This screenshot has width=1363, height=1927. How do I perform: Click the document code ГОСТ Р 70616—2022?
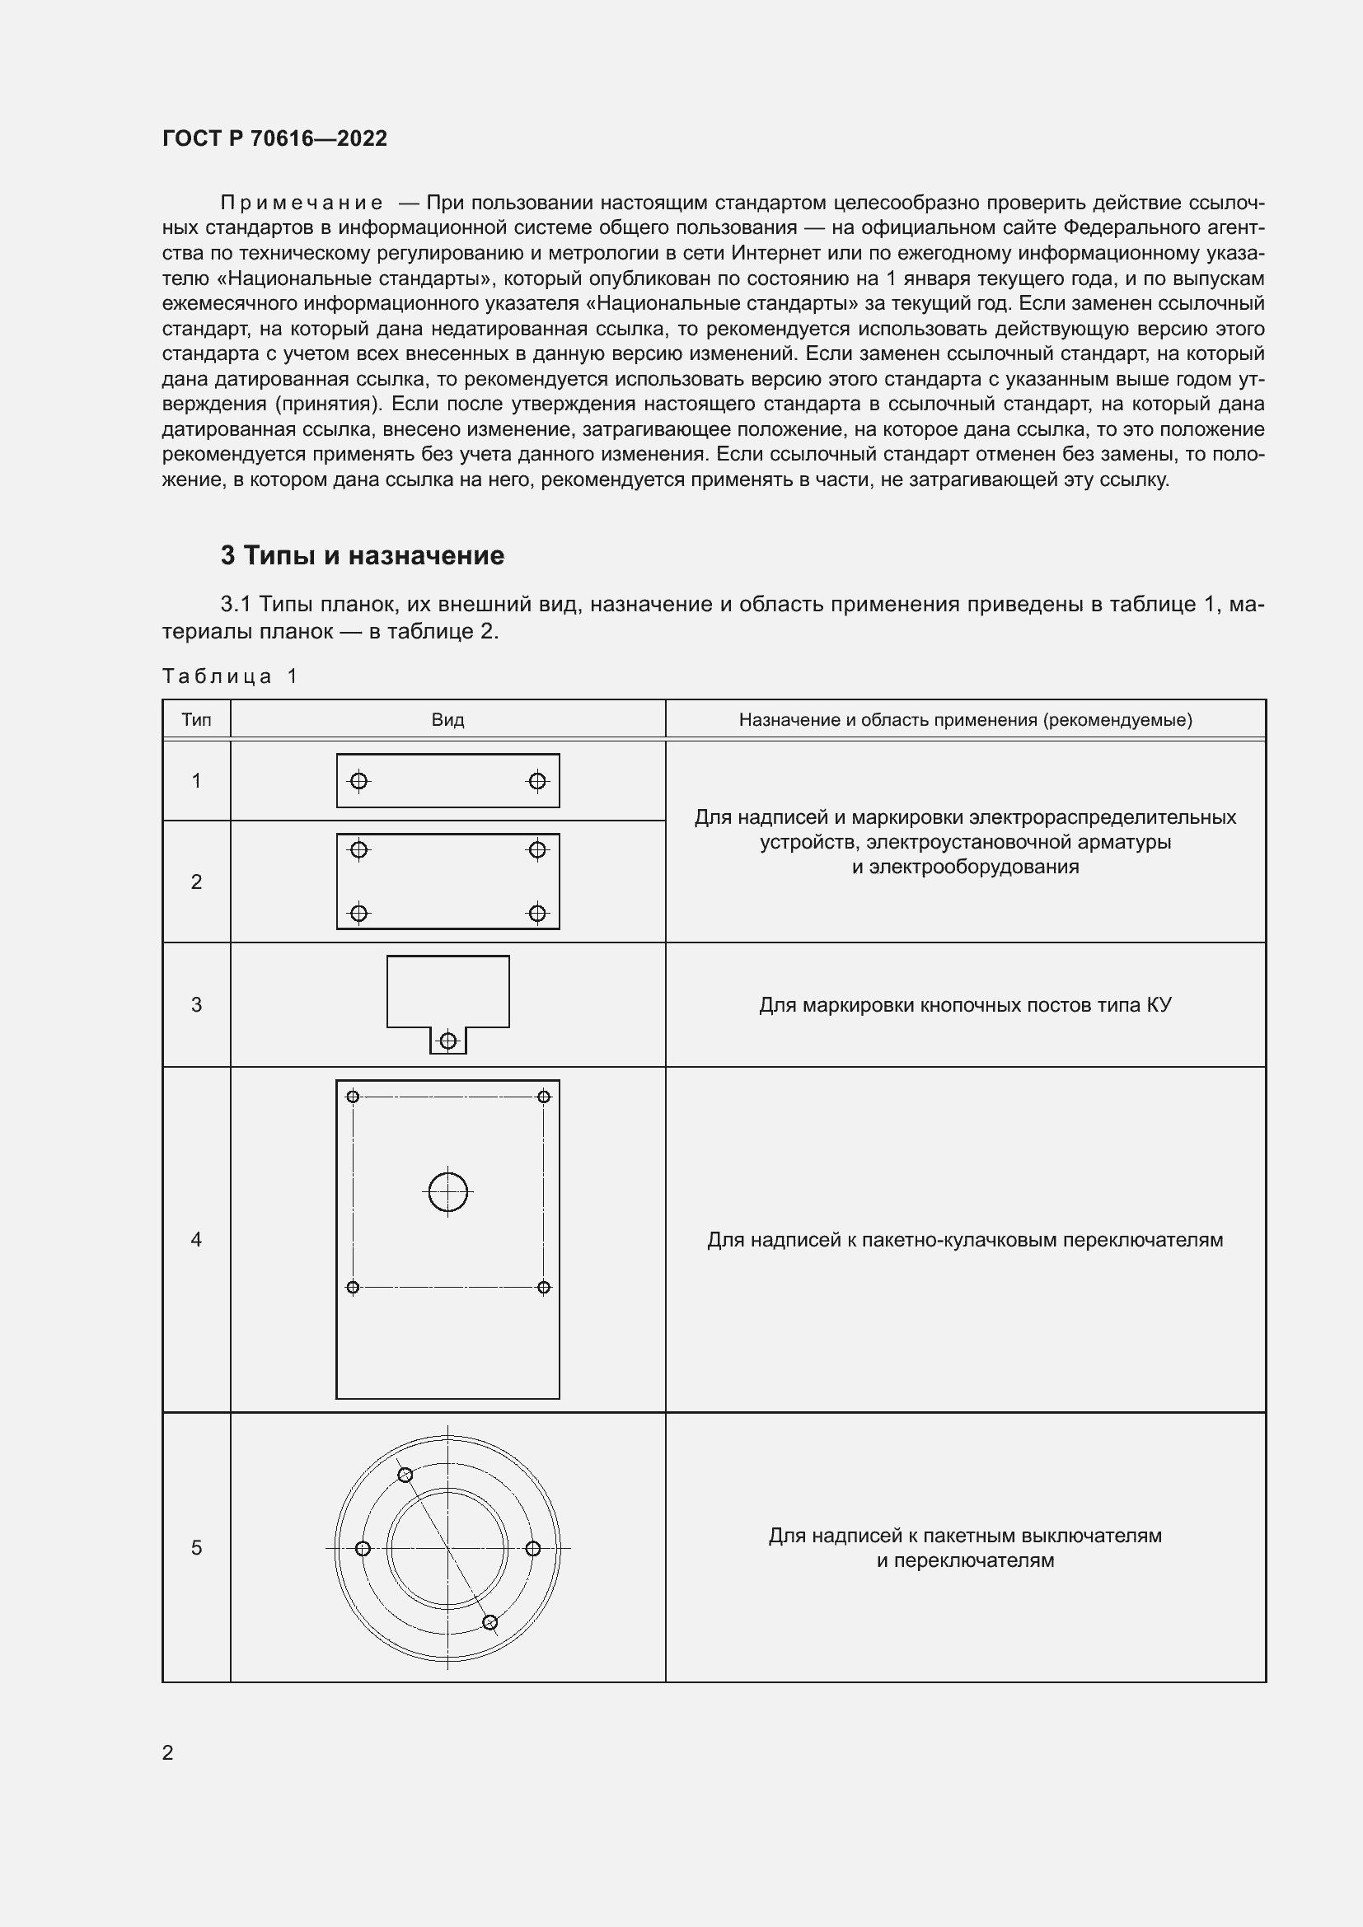pyautogui.click(x=274, y=138)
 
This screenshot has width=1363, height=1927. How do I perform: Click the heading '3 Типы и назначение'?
pyautogui.click(x=362, y=555)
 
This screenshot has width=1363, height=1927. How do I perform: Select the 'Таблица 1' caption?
pyautogui.click(x=230, y=676)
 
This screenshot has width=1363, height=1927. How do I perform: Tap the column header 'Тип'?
pyautogui.click(x=196, y=720)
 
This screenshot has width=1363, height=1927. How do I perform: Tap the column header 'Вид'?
pyautogui.click(x=447, y=720)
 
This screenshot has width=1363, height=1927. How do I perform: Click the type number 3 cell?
pyautogui.click(x=196, y=1004)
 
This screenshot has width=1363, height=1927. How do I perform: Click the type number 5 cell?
pyautogui.click(x=196, y=1548)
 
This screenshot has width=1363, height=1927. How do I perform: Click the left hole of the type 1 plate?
pyautogui.click(x=358, y=781)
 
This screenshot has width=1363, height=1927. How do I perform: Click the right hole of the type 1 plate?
pyautogui.click(x=537, y=781)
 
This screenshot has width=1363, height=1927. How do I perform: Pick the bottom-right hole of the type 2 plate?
pyautogui.click(x=537, y=913)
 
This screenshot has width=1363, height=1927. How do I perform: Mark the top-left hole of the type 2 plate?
pyautogui.click(x=358, y=850)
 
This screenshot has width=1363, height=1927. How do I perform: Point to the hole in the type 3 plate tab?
pyautogui.click(x=448, y=1041)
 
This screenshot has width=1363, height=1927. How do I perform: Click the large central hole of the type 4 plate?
pyautogui.click(x=448, y=1192)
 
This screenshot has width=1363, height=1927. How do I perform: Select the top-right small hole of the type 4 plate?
pyautogui.click(x=544, y=1097)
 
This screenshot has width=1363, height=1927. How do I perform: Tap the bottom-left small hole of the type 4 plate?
pyautogui.click(x=353, y=1288)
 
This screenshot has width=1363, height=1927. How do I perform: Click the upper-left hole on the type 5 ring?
pyautogui.click(x=405, y=1476)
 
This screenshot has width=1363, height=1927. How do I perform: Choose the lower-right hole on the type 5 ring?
pyautogui.click(x=490, y=1622)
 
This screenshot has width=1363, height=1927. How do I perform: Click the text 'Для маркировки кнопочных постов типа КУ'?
pyautogui.click(x=965, y=1005)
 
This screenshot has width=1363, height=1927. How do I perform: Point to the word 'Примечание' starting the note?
pyautogui.click(x=302, y=203)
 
